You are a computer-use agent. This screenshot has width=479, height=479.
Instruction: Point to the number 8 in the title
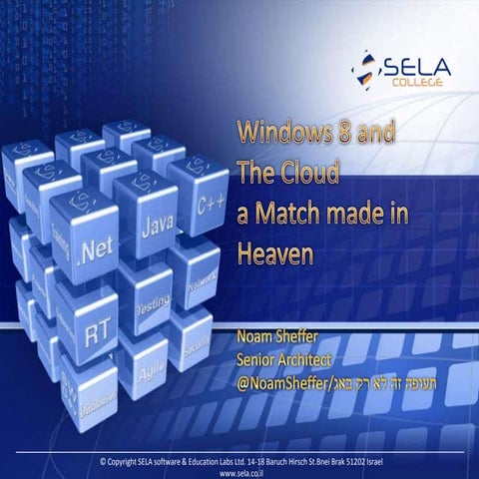[x=334, y=135]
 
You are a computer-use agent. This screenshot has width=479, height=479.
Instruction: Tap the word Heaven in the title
[x=274, y=253]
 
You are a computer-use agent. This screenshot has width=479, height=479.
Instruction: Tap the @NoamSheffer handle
[x=283, y=376]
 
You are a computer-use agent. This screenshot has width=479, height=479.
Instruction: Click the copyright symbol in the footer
[x=103, y=460]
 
